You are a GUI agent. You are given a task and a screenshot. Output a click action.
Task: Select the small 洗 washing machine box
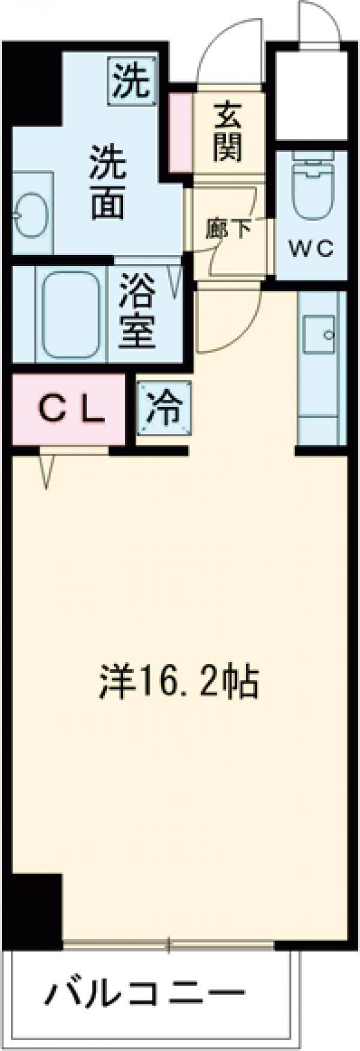point(131,80)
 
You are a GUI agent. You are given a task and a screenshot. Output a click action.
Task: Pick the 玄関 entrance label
point(228,131)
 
